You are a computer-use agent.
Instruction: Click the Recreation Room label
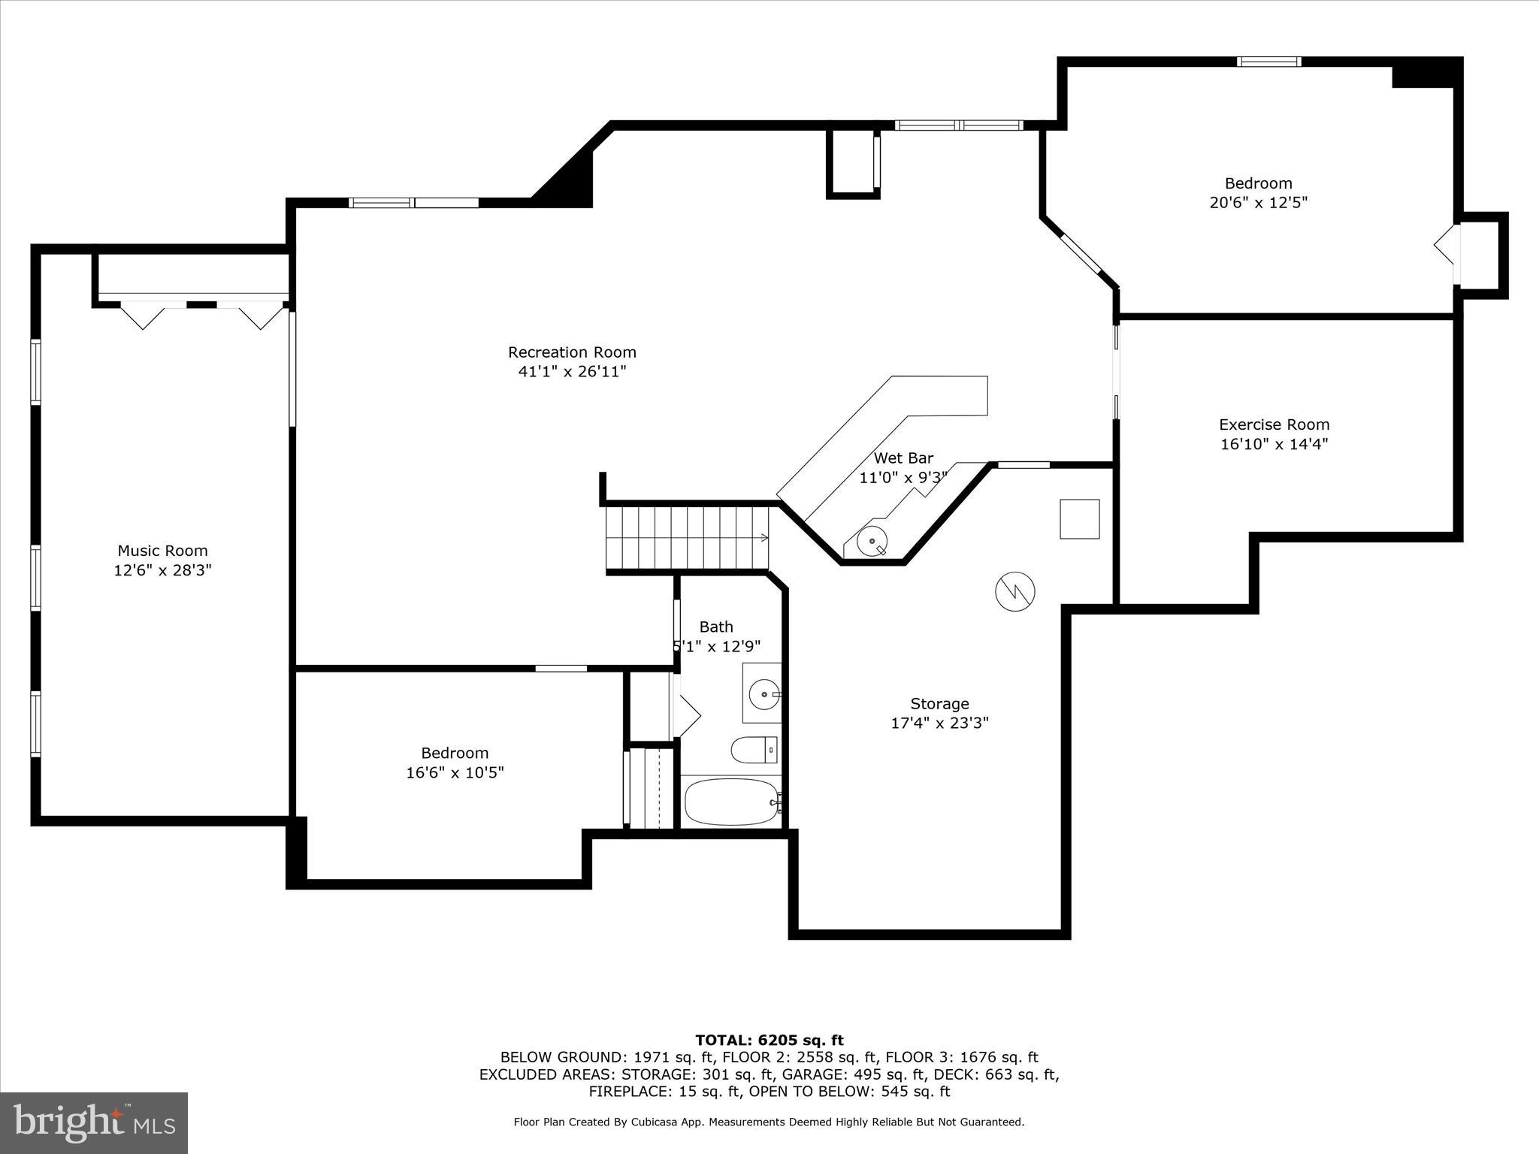[572, 352]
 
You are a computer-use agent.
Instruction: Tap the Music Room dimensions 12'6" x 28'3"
[162, 570]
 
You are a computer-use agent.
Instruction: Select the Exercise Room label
[1274, 424]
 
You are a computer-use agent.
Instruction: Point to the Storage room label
[939, 704]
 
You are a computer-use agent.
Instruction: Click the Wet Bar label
[903, 458]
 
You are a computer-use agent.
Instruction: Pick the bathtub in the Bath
[731, 802]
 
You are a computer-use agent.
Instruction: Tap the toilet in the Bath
[753, 749]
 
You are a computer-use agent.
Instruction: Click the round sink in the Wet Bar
[872, 540]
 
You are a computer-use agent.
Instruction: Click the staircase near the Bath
[688, 537]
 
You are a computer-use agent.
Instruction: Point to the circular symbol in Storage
[1014, 592]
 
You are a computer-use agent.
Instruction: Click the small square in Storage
[1079, 519]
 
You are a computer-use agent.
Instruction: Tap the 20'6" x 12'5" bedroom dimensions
[1258, 203]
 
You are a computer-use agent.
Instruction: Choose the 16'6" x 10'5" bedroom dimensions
[455, 772]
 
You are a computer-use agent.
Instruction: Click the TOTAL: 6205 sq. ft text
[769, 1040]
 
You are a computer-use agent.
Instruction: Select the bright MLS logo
[94, 1122]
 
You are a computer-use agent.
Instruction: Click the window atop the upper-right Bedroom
[1268, 62]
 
